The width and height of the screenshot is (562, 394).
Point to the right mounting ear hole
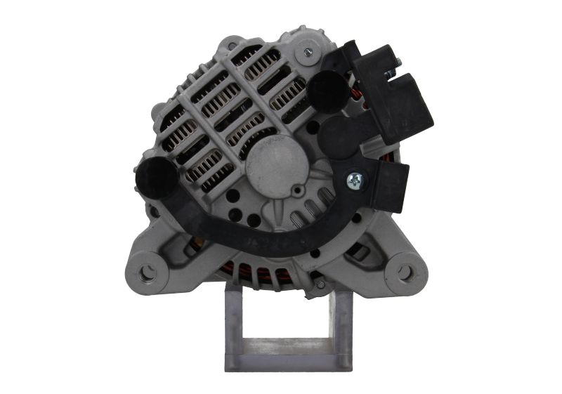[x=405, y=270]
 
